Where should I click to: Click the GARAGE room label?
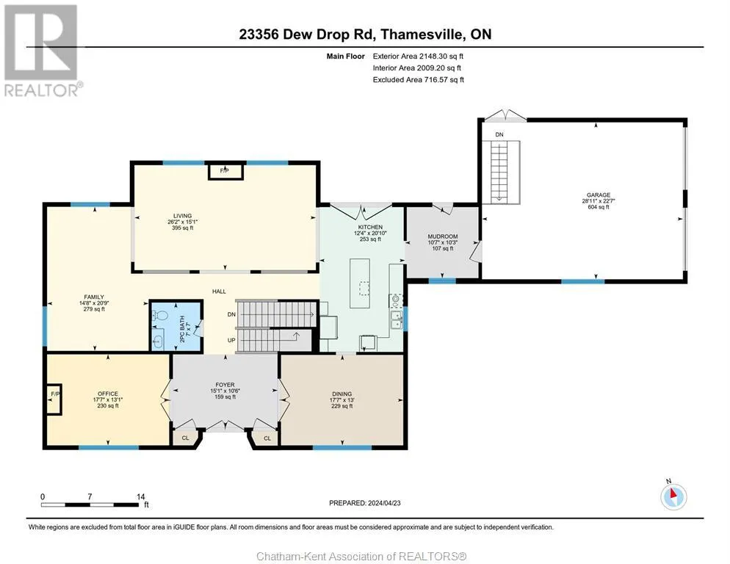[599, 195]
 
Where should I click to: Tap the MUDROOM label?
[442, 236]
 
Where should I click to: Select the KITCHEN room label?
[370, 227]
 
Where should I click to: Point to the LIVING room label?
[182, 216]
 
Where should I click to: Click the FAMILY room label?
[94, 297]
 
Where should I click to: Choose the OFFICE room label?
[107, 394]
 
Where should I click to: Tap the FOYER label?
[225, 385]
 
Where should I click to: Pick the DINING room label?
[341, 394]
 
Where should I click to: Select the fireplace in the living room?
[225, 171]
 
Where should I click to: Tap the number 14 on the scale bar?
[140, 497]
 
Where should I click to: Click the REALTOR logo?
[42, 50]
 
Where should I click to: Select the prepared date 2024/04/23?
[384, 503]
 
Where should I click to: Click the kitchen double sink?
[397, 319]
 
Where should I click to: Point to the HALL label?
[219, 292]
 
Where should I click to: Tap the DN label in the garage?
[499, 134]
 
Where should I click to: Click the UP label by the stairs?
[231, 341]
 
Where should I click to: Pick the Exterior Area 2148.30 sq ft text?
[418, 57]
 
